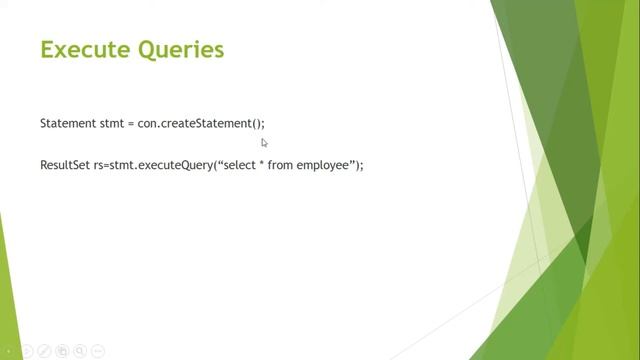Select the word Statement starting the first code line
[x=67, y=123]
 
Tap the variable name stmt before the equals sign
[x=112, y=123]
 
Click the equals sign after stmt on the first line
[x=131, y=123]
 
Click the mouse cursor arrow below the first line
[x=264, y=143]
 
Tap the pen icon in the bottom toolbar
[x=45, y=351]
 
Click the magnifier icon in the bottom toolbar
[x=81, y=351]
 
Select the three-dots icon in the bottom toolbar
[x=99, y=351]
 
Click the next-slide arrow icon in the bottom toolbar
[x=27, y=351]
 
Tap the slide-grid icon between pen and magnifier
[x=63, y=351]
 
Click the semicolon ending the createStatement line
[x=263, y=124]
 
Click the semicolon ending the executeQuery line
[x=362, y=165]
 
